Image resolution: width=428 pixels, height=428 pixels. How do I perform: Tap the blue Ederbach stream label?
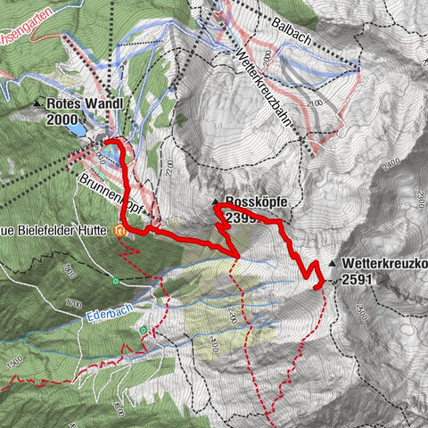(109, 315)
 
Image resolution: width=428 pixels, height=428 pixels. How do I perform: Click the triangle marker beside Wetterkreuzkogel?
(332, 263)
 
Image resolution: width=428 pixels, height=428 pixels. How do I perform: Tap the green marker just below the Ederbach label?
(142, 330)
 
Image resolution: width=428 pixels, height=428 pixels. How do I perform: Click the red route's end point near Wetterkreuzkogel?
(319, 284)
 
